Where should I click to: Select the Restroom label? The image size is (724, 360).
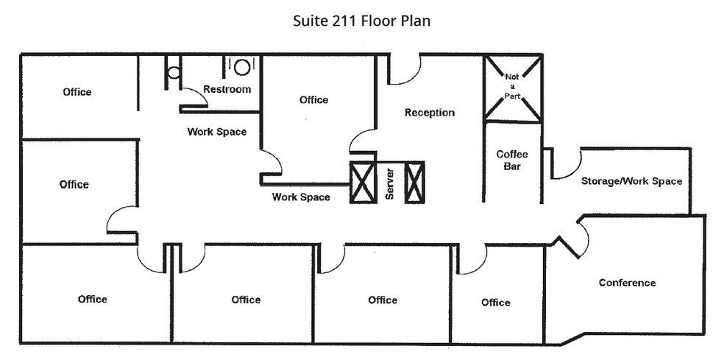227,89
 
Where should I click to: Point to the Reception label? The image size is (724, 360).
430,113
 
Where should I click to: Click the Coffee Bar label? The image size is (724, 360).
512,160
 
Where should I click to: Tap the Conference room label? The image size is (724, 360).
627,283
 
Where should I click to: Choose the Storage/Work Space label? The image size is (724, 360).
631,181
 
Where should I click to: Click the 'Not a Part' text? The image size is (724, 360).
512,87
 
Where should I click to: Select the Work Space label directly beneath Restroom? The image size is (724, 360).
216,132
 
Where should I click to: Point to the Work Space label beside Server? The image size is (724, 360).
301,197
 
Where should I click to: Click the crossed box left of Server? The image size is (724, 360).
363,183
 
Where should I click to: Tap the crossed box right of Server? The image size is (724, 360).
415,183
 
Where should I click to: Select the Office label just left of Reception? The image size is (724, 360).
313,99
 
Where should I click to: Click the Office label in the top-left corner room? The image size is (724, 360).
77,92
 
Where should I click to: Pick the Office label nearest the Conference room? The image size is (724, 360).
495,303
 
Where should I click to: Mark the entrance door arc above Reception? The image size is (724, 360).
404,71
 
